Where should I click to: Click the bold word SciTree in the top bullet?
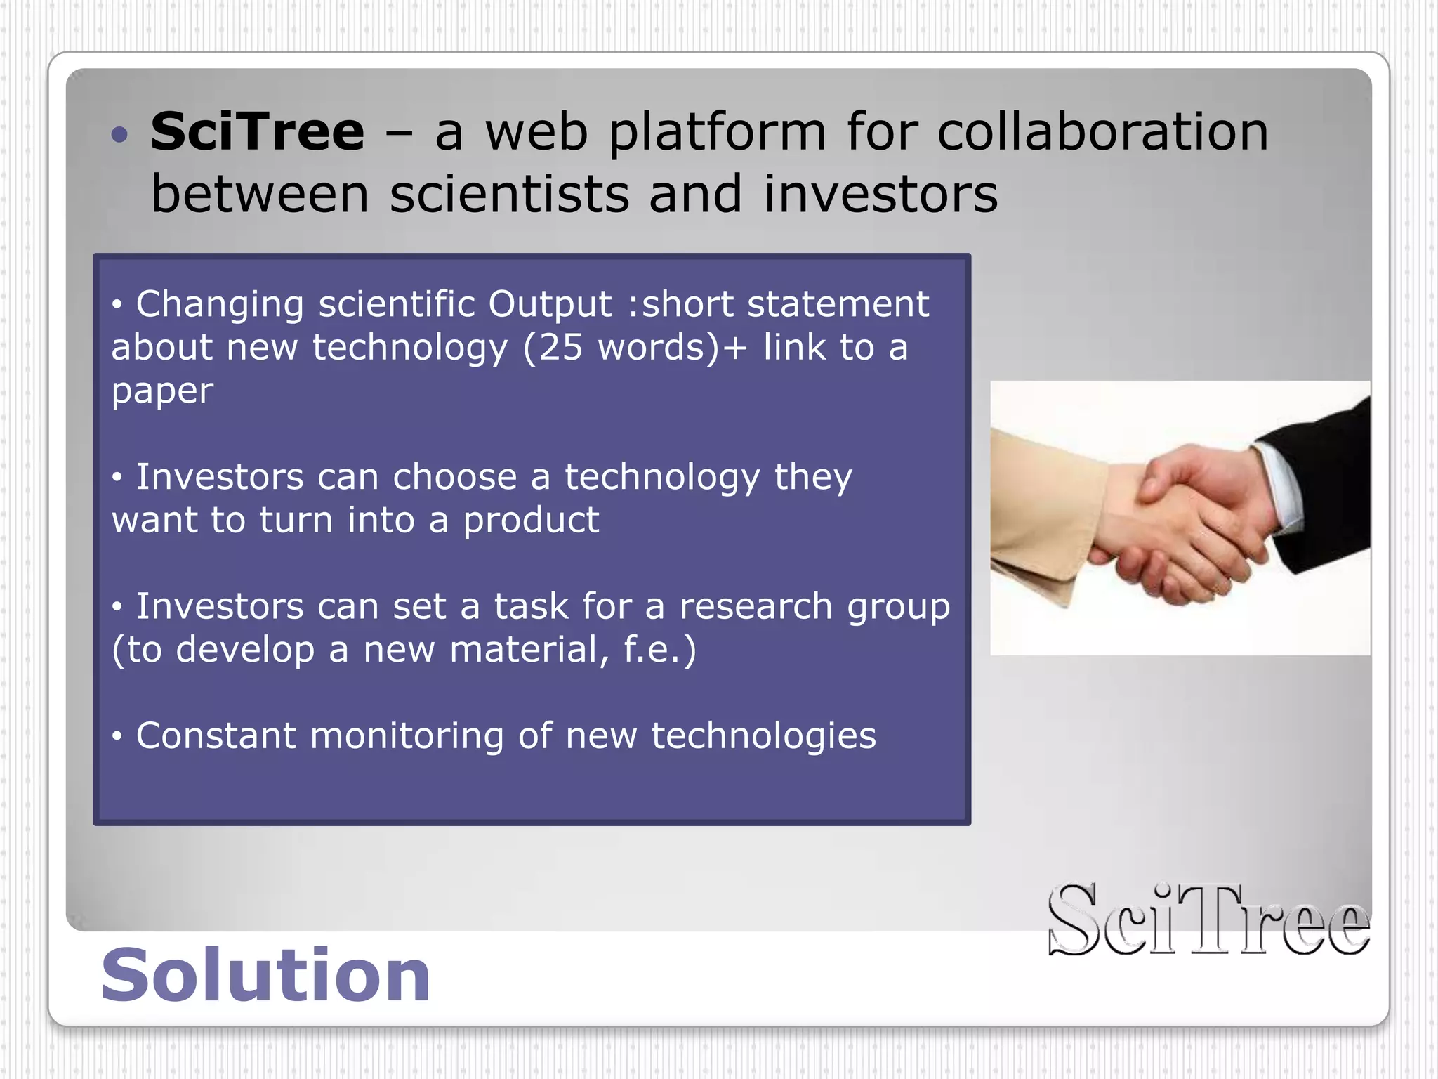point(257,132)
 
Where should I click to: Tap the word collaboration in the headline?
point(1103,132)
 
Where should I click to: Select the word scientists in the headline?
point(509,194)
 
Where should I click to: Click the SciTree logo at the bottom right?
point(1208,920)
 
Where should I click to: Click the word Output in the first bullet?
point(550,304)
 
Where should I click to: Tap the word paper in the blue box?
point(162,391)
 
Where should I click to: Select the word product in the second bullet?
point(531,521)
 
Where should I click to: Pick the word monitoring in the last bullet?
point(407,736)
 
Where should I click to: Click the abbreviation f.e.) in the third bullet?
point(659,650)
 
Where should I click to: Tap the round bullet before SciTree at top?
point(120,134)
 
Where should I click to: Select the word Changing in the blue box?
point(220,304)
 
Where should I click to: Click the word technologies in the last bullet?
point(763,736)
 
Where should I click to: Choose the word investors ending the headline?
point(880,194)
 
